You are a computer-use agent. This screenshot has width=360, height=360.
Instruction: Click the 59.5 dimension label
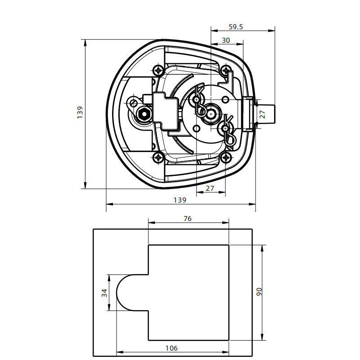235,27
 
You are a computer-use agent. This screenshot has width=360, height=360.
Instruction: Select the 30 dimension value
226,40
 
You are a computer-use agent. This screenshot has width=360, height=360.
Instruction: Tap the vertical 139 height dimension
80,112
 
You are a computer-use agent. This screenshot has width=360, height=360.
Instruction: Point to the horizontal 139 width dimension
180,200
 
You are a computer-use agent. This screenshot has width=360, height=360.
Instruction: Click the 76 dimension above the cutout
188,219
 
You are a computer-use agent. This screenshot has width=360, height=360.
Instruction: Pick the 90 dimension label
259,292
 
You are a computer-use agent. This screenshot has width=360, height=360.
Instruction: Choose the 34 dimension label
104,293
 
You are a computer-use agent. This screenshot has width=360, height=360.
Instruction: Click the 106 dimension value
171,348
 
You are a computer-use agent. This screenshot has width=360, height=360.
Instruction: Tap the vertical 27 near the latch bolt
262,114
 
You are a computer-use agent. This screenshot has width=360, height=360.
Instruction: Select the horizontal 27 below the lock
210,188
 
